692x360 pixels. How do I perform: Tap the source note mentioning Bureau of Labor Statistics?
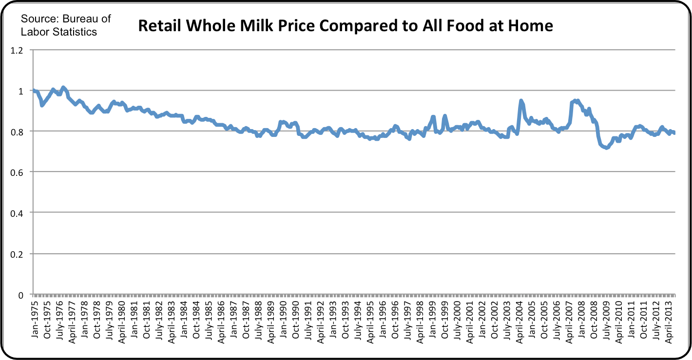[65, 25]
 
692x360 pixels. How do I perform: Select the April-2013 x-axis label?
[669, 316]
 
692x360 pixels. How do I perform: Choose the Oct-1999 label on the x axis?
[445, 314]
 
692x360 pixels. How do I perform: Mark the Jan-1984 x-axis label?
[184, 314]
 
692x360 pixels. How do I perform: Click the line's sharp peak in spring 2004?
[521, 101]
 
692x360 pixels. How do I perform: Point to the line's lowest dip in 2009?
[606, 148]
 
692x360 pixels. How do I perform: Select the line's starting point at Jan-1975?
[33, 91]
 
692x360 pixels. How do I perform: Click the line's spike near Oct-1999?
[444, 116]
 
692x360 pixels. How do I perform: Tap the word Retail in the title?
[160, 25]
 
